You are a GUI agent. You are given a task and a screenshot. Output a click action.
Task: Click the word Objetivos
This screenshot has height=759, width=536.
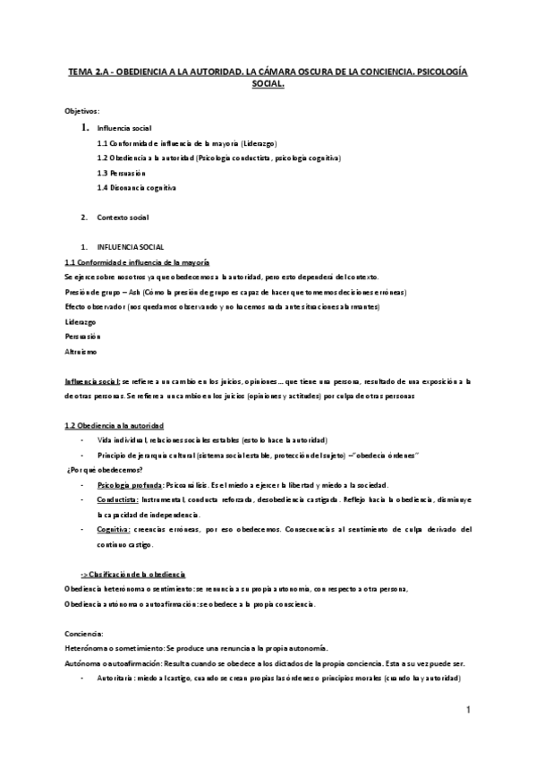(82, 110)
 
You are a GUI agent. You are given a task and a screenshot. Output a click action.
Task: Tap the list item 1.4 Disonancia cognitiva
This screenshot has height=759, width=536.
(137, 188)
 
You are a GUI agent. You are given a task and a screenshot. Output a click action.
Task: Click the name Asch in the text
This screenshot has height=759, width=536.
(148, 292)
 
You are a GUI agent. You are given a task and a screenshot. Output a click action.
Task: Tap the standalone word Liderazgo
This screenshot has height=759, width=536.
(82, 321)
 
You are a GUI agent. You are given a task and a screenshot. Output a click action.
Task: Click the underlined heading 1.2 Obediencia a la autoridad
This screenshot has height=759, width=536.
(114, 425)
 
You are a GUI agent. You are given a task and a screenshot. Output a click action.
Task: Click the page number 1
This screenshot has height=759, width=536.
(467, 709)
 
